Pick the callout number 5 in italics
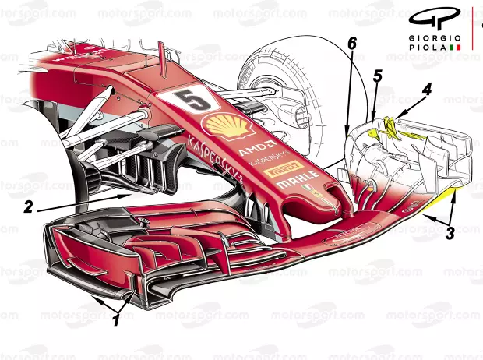coord(379,76)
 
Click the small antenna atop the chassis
coord(161,52)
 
